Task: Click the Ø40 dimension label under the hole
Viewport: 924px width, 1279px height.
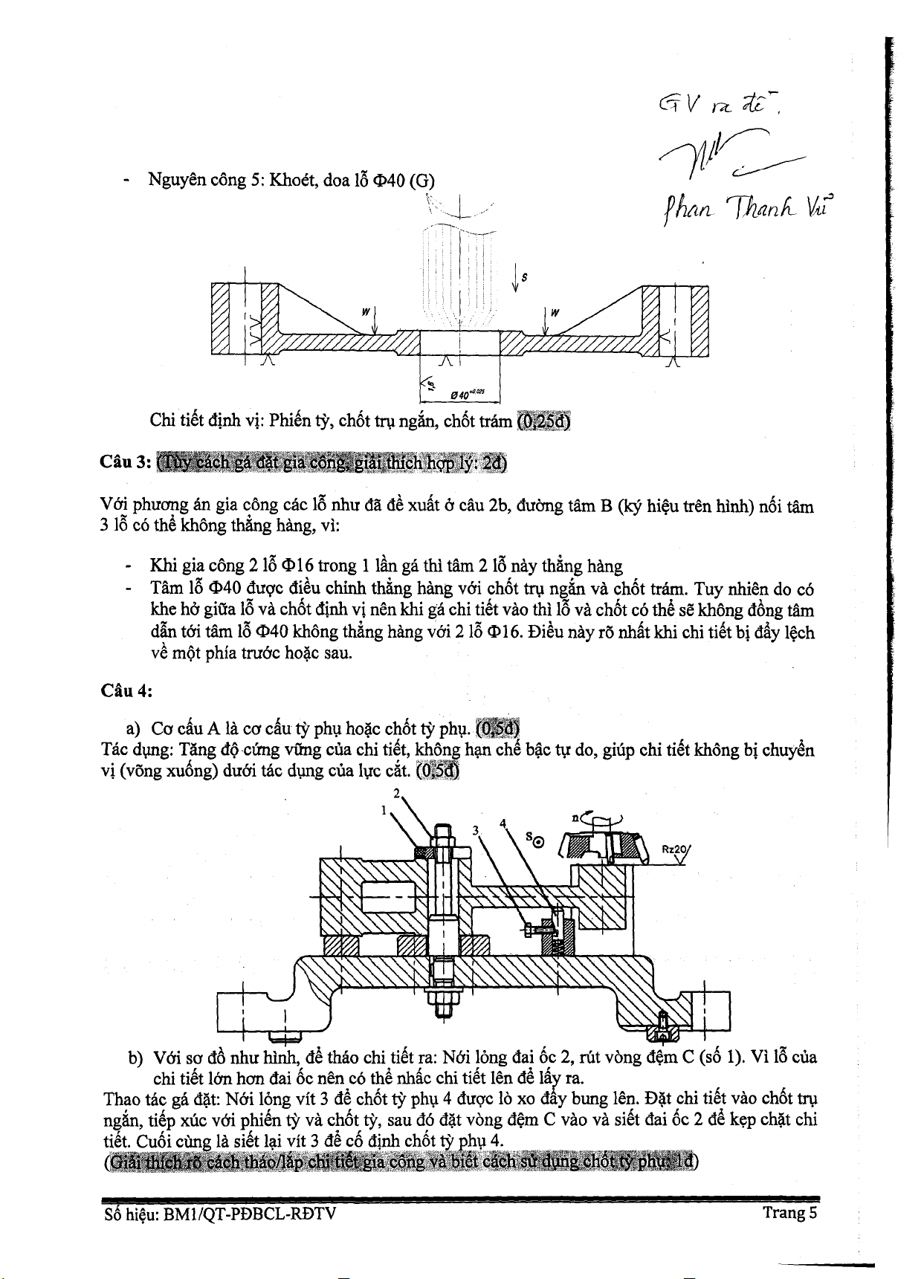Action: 467,393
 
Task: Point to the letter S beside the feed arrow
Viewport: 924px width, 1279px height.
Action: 524,277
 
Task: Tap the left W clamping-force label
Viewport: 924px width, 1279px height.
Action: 366,313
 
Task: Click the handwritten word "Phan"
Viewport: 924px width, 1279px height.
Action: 688,210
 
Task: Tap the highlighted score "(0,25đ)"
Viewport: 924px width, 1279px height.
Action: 544,421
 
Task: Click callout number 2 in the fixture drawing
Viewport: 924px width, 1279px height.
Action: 397,793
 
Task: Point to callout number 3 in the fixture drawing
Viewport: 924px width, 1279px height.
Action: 476,829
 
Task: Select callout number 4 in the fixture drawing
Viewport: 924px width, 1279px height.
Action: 503,823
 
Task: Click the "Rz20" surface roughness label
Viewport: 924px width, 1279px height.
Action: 674,849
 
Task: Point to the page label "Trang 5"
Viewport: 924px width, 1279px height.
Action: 789,1213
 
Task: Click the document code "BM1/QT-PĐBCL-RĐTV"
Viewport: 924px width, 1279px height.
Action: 250,1214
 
